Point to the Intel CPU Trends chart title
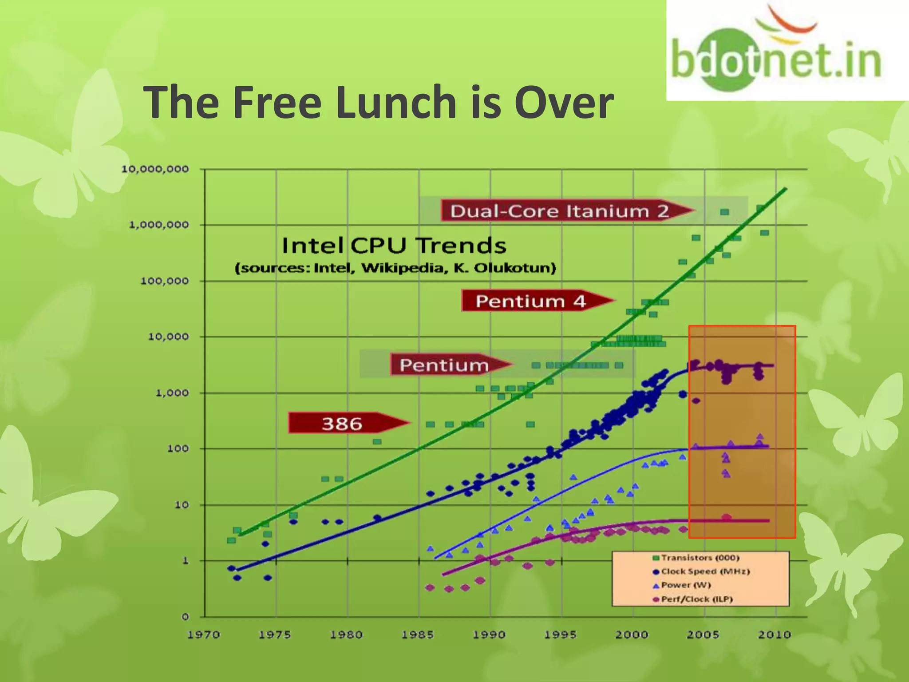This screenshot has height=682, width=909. pos(394,246)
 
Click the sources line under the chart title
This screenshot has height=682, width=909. pos(395,268)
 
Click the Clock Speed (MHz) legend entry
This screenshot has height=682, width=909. pos(701,571)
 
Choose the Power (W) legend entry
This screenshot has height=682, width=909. pos(682,585)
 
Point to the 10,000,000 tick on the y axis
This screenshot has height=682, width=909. pos(155,169)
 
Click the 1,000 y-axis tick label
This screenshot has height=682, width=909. pos(172,393)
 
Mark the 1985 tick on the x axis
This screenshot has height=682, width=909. pos(418,635)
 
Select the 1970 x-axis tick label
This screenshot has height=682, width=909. pos(204,635)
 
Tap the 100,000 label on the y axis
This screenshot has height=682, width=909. pos(165,281)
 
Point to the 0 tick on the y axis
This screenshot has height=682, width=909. pos(185,617)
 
